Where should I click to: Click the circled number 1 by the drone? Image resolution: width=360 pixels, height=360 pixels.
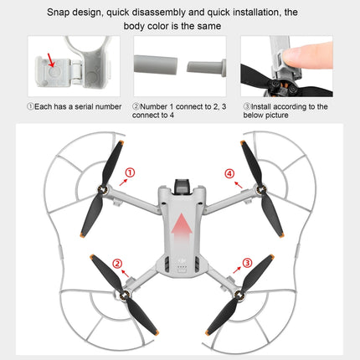(130, 174)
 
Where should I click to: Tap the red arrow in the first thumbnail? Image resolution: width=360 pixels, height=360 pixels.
(54, 60)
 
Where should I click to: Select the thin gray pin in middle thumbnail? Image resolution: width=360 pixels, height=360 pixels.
(202, 64)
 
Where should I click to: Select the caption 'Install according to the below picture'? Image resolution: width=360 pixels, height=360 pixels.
(285, 112)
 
